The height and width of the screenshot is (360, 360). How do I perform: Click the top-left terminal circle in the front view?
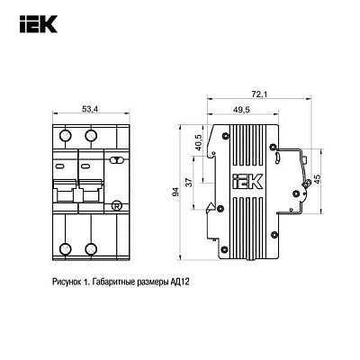coord(66,136)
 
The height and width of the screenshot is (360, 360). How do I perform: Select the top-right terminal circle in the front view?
coord(92,136)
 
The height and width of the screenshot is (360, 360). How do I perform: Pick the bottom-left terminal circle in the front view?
coord(66,249)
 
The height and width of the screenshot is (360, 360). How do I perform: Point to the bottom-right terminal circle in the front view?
coord(92,249)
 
